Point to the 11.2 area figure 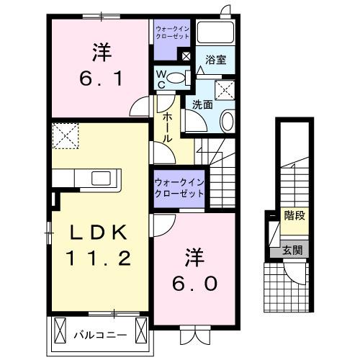coord(100,257)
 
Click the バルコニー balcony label coord(100,335)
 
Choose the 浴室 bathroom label coord(215,60)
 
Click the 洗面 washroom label coord(201,104)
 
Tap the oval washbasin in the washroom coord(227,122)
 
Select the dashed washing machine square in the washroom coord(228,90)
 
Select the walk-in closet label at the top coord(172,33)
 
